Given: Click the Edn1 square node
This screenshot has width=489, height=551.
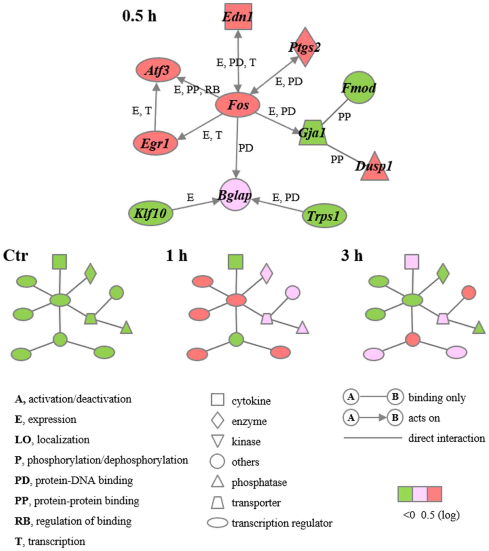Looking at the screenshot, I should pyautogui.click(x=238, y=17).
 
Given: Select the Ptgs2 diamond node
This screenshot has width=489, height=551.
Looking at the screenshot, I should pyautogui.click(x=305, y=47).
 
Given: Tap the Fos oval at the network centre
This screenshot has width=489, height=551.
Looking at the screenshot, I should pyautogui.click(x=238, y=105).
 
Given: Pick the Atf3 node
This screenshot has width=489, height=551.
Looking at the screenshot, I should pyautogui.click(x=158, y=70).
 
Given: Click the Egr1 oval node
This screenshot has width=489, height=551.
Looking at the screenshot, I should pyautogui.click(x=155, y=143).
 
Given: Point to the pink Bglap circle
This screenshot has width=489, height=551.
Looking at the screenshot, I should pyautogui.click(x=235, y=195).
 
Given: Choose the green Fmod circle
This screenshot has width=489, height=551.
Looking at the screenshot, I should pyautogui.click(x=359, y=88).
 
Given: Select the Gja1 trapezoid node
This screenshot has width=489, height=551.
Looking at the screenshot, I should pyautogui.click(x=312, y=133).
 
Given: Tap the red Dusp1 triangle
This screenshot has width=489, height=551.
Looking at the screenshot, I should pyautogui.click(x=375, y=167).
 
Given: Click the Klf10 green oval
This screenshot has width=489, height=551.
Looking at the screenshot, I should pyautogui.click(x=151, y=213).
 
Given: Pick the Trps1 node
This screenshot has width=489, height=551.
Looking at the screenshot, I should pyautogui.click(x=324, y=216).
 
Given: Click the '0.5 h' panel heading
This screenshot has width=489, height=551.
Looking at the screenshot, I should pyautogui.click(x=139, y=16).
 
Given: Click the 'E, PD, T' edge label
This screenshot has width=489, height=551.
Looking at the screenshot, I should pyautogui.click(x=236, y=63).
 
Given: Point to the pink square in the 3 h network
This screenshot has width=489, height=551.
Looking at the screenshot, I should pyautogui.click(x=412, y=262).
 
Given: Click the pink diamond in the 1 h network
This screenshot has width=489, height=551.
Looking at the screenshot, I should pyautogui.click(x=266, y=273).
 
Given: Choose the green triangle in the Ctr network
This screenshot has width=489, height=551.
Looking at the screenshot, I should pyautogui.click(x=126, y=328).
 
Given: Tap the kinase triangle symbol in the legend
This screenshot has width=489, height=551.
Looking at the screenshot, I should pyautogui.click(x=217, y=441).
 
